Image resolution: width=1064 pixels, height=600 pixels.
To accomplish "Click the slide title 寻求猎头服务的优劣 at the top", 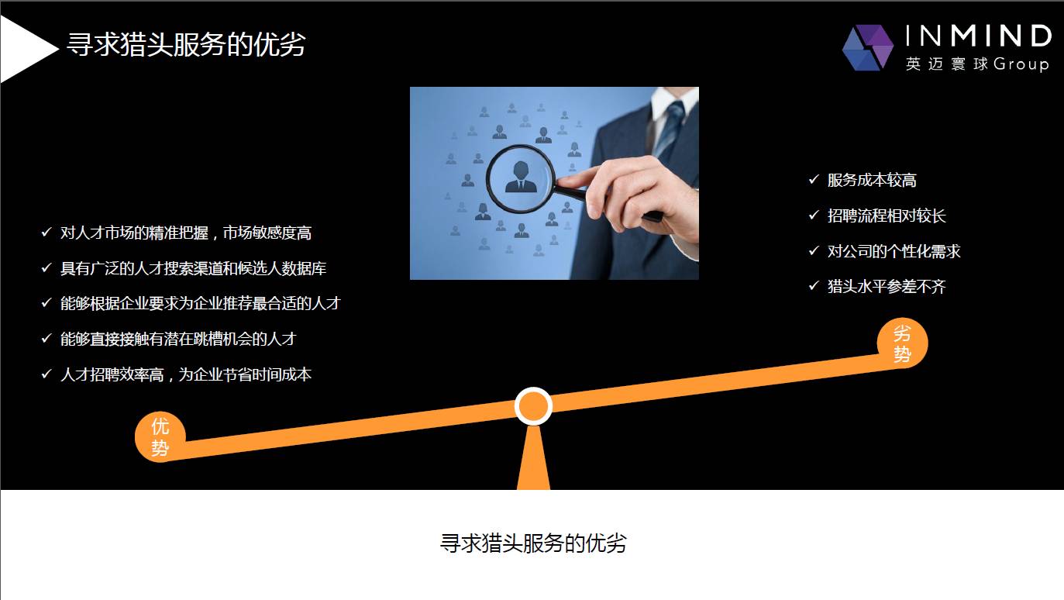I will click(186, 45).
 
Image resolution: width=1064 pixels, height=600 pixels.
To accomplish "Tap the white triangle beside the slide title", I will click(23, 49).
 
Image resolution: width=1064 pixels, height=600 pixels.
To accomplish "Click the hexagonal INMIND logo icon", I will click(868, 47).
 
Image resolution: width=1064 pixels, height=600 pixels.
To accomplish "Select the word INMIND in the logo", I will click(978, 36).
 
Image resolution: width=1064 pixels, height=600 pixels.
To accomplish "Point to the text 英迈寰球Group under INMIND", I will click(976, 64).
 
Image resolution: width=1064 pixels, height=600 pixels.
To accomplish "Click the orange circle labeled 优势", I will click(160, 436).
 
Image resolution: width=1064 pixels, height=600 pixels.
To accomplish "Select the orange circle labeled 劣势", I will click(902, 343).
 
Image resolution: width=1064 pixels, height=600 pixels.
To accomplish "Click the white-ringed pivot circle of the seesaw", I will click(533, 406).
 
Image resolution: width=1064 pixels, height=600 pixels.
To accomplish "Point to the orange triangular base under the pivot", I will click(533, 461).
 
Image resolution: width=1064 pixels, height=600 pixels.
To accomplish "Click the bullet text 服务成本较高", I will click(872, 181).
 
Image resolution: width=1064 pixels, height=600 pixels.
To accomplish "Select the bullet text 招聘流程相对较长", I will click(887, 216).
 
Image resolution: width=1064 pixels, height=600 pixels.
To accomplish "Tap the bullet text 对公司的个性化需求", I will click(894, 252).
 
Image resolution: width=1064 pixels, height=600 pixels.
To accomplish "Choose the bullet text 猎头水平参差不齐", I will click(887, 288).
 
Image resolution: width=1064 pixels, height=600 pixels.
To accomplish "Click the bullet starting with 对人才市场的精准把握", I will click(186, 233).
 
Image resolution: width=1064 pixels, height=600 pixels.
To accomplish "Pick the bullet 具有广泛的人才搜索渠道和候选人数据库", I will click(194, 268).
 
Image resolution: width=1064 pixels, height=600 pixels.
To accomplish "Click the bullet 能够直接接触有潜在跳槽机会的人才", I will click(178, 339).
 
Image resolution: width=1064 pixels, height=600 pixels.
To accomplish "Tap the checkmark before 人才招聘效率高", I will click(46, 374).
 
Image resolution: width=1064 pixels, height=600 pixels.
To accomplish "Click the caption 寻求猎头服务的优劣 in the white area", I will click(533, 543).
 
